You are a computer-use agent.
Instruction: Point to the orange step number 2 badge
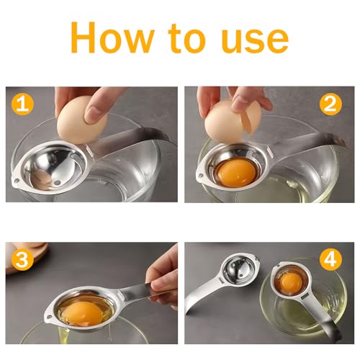330,105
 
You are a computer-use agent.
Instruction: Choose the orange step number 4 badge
330,260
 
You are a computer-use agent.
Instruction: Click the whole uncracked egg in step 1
80,119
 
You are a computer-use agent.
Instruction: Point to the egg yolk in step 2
235,173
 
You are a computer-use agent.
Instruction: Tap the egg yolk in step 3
80,312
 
